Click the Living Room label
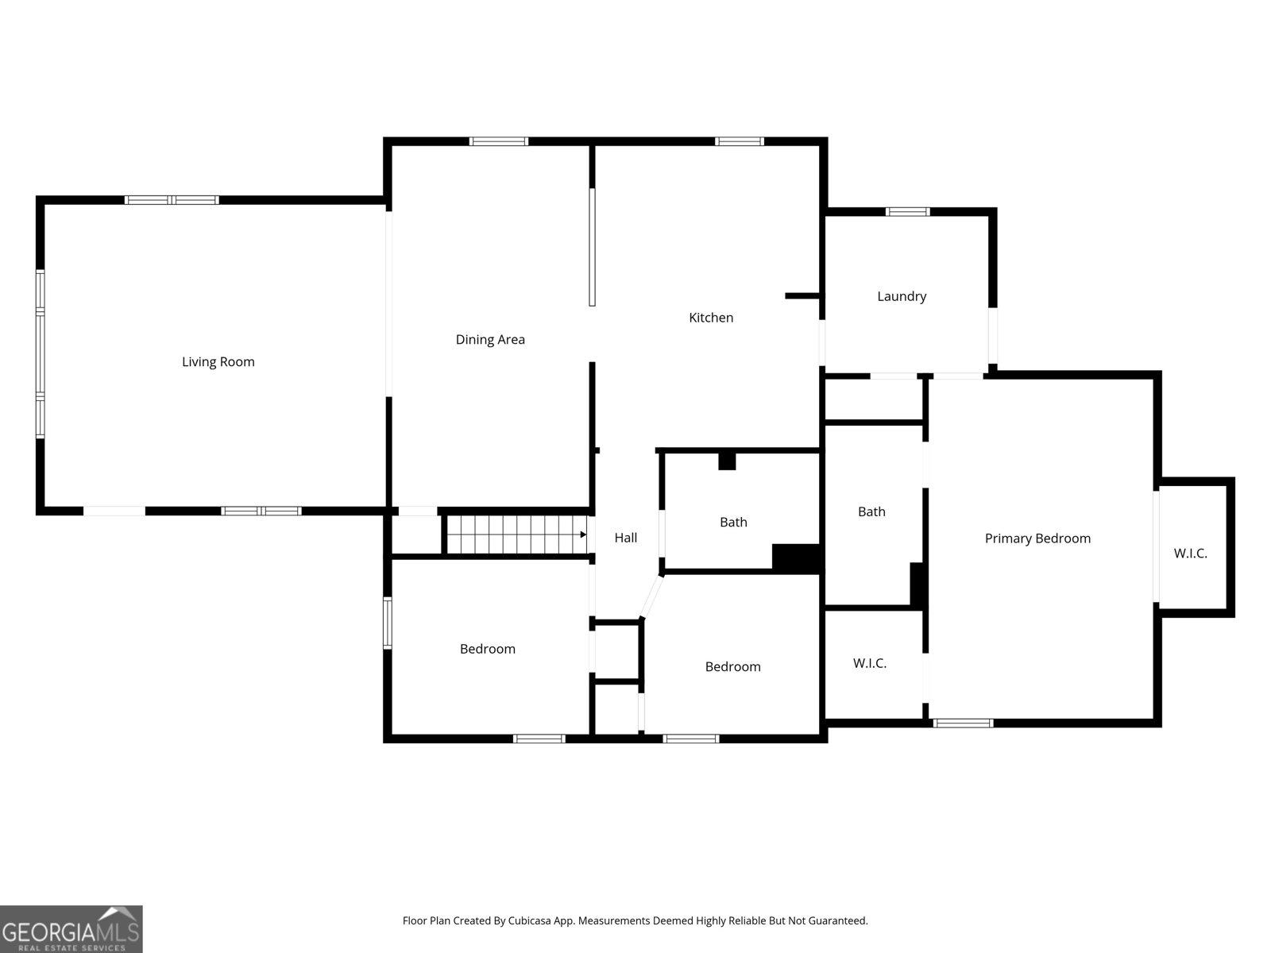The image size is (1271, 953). pyautogui.click(x=218, y=361)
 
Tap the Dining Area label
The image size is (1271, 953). pyautogui.click(x=490, y=340)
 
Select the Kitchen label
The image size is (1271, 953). pyautogui.click(x=711, y=318)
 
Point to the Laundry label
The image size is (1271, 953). pyautogui.click(x=902, y=296)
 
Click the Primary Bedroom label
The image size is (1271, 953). pyautogui.click(x=1037, y=538)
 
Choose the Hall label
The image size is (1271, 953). pyautogui.click(x=625, y=538)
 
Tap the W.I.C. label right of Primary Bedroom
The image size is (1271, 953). pyautogui.click(x=1191, y=554)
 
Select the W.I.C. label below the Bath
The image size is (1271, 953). pyautogui.click(x=870, y=663)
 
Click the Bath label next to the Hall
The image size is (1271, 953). pyautogui.click(x=733, y=522)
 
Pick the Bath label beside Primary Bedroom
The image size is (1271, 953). pyautogui.click(x=871, y=511)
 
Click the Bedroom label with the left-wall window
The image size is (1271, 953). pyautogui.click(x=488, y=649)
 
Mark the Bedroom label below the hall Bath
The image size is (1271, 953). pyautogui.click(x=732, y=666)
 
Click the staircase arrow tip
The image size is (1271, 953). pyautogui.click(x=586, y=534)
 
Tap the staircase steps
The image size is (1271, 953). pyautogui.click(x=516, y=534)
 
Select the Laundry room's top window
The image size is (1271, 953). pyautogui.click(x=907, y=212)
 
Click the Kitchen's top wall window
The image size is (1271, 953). pyautogui.click(x=740, y=141)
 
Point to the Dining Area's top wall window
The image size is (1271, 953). pyautogui.click(x=499, y=141)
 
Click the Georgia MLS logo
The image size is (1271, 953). pyautogui.click(x=71, y=928)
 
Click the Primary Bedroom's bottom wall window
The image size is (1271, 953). pyautogui.click(x=963, y=723)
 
